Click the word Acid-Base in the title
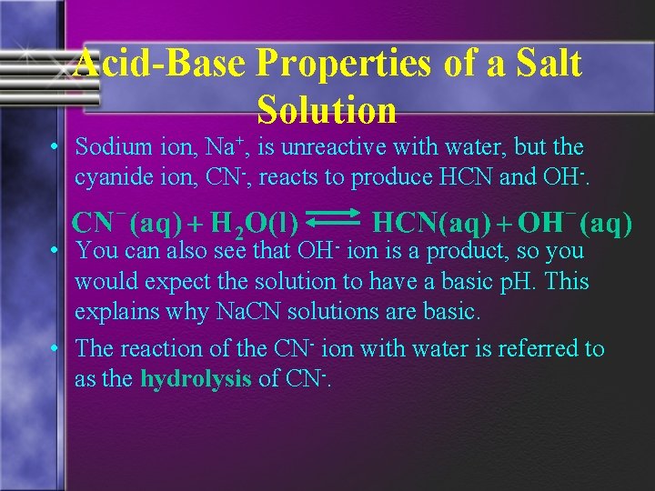[159, 65]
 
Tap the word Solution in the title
[327, 110]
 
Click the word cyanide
[112, 177]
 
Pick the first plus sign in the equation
[197, 223]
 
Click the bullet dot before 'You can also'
[55, 250]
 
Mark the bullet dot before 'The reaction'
[55, 349]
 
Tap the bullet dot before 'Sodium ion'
[55, 147]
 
